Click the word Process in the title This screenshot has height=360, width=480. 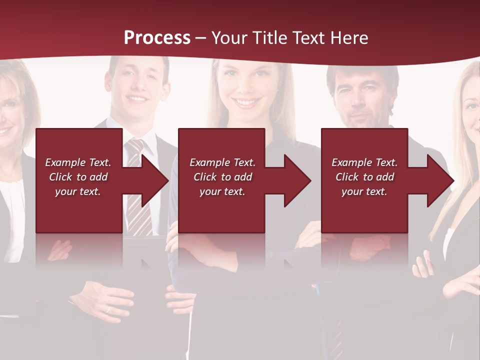tap(157, 38)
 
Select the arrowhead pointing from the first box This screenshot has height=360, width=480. tap(152, 180)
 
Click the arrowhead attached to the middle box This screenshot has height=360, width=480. tap(295, 180)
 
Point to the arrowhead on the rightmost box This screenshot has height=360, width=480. tap(438, 180)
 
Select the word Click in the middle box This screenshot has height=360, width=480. tap(204, 177)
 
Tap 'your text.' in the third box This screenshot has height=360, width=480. tap(364, 191)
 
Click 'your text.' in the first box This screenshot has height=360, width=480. tap(77, 191)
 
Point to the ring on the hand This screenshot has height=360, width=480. tap(107, 310)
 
